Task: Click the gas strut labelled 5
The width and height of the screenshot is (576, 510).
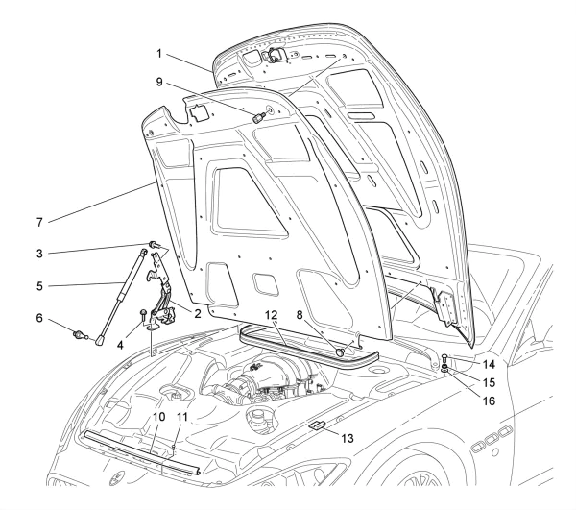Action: pos(121,298)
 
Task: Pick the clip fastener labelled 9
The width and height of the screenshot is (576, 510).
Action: pos(260,117)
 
